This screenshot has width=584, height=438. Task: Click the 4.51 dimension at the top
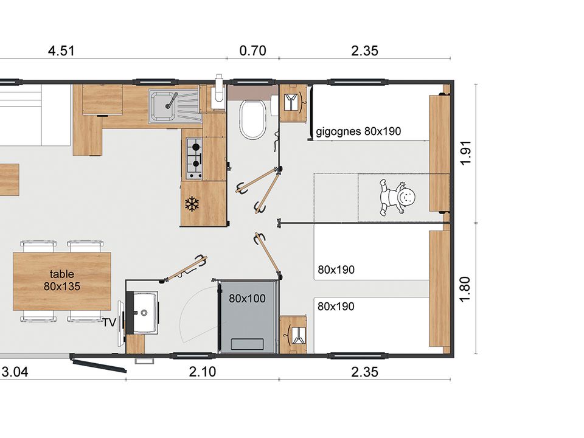[x=61, y=50]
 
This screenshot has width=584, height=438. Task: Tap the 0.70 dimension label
[x=252, y=50]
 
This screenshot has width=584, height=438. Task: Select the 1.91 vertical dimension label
[x=466, y=152]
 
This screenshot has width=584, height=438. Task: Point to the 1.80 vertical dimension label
[x=465, y=290]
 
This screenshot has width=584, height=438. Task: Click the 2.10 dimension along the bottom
[x=202, y=372]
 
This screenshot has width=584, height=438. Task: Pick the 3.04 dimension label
[x=15, y=372]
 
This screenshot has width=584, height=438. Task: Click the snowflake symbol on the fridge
[x=192, y=204]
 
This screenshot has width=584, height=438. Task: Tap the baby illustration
[x=397, y=197]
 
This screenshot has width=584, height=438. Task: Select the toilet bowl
[x=252, y=119]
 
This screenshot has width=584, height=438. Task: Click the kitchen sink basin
[x=163, y=105]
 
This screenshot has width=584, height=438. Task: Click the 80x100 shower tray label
[x=248, y=298]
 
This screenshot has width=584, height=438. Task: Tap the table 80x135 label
[x=62, y=280]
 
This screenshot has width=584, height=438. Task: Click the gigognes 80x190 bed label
[x=358, y=131]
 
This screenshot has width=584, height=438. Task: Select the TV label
[x=109, y=322]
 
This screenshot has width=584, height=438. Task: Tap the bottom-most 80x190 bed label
[x=336, y=306]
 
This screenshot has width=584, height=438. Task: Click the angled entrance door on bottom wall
[x=99, y=366]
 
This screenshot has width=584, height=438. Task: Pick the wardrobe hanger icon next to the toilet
[x=293, y=102]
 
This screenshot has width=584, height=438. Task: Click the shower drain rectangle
[x=248, y=344]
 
